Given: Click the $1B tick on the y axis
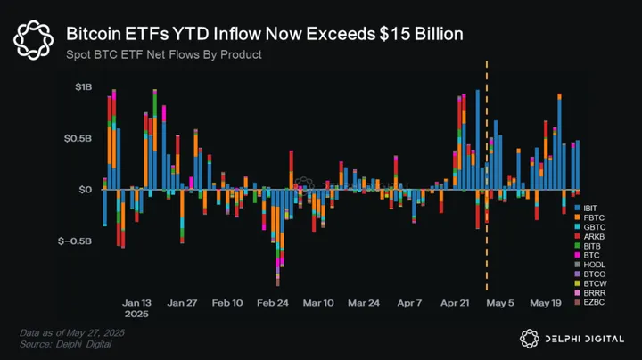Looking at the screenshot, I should tap(82, 87).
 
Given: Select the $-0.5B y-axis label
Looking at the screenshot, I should tap(75, 241).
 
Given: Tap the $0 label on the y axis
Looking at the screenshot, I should tap(85, 190).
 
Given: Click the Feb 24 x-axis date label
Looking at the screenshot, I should tap(273, 303).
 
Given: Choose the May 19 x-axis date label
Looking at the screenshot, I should tap(545, 303).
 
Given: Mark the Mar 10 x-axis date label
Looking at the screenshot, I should tap(318, 303).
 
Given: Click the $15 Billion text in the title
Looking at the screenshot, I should tap(414, 35).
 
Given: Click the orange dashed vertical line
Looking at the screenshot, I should tap(486, 178).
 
